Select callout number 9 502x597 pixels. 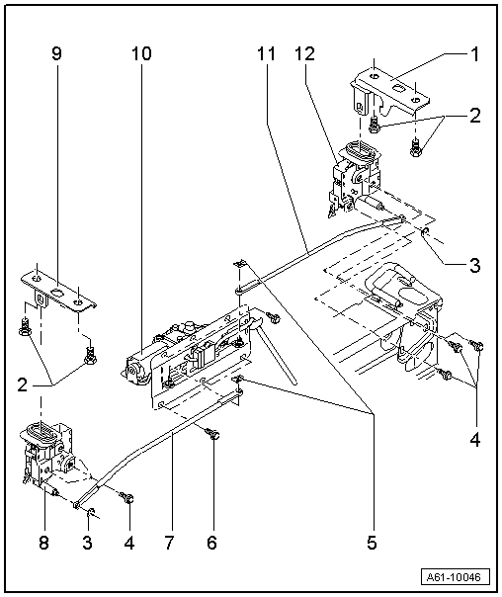pyautogui.click(x=56, y=54)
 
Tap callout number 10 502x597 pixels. pyautogui.click(x=139, y=54)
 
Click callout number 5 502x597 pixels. pyautogui.click(x=373, y=542)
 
